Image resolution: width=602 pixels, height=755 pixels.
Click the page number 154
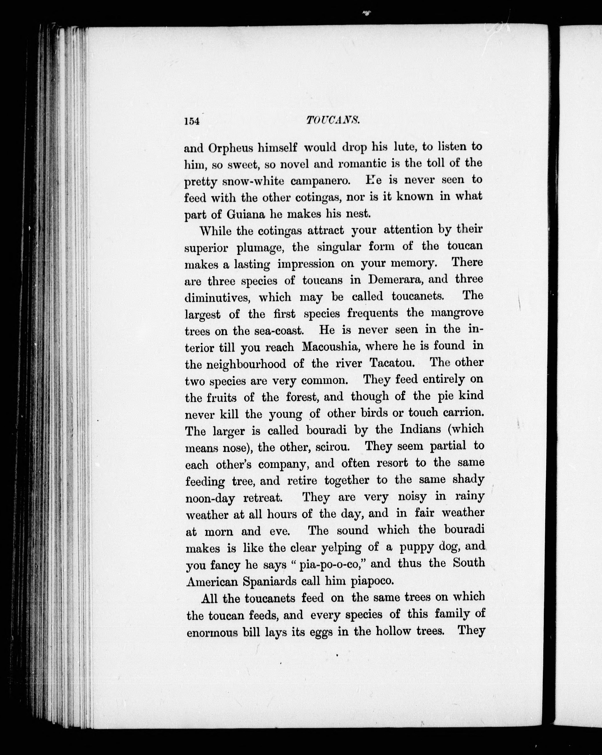point(192,121)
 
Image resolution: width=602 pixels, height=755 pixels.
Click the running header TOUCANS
point(333,121)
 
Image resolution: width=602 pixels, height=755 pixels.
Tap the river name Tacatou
point(392,363)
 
